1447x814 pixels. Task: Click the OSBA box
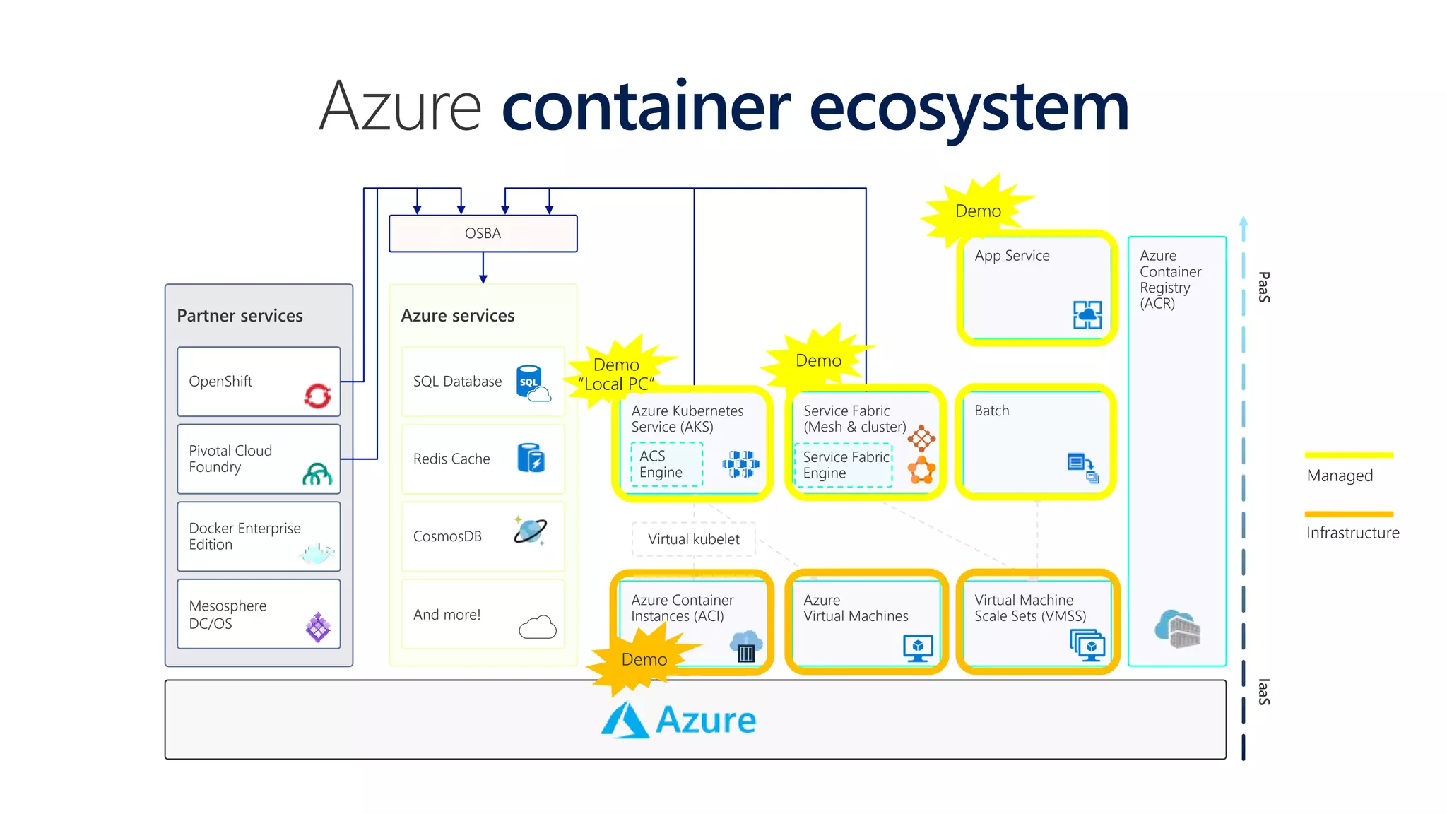pos(483,234)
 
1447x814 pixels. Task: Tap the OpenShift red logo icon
pos(317,396)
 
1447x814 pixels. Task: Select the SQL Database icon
pos(532,383)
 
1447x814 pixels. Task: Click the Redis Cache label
pos(451,459)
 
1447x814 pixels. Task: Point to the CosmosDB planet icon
pos(530,531)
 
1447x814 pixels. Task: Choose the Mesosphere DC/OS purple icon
pos(318,627)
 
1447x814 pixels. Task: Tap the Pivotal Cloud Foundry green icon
pos(317,474)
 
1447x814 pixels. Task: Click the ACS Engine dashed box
pos(666,464)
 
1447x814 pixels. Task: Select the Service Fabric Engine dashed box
pos(844,465)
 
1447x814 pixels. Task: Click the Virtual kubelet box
pos(693,540)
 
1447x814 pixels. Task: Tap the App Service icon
pos(1087,315)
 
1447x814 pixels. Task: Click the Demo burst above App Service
pos(978,211)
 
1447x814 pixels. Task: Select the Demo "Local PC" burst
pos(617,374)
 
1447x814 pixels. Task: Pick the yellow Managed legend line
pos(1348,455)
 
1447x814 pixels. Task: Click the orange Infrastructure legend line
pos(1348,514)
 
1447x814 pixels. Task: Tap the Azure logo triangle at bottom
pos(625,721)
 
